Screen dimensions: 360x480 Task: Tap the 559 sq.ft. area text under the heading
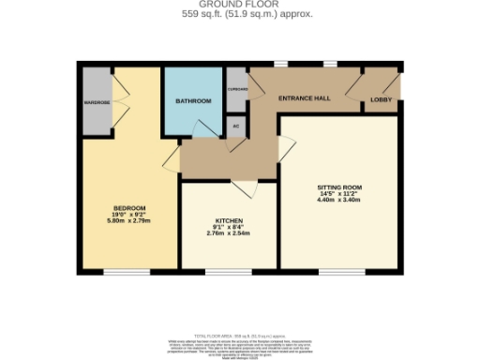coord(239,15)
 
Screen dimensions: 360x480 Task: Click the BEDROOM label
coord(128,207)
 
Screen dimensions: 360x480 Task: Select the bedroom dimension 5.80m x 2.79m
coord(128,220)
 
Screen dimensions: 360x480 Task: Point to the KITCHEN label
coord(229,222)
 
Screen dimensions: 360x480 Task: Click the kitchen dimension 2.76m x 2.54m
coord(229,235)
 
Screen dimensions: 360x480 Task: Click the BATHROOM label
coord(194,100)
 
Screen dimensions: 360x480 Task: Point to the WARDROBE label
coord(97,102)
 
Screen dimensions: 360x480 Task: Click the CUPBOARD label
coord(236,89)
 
